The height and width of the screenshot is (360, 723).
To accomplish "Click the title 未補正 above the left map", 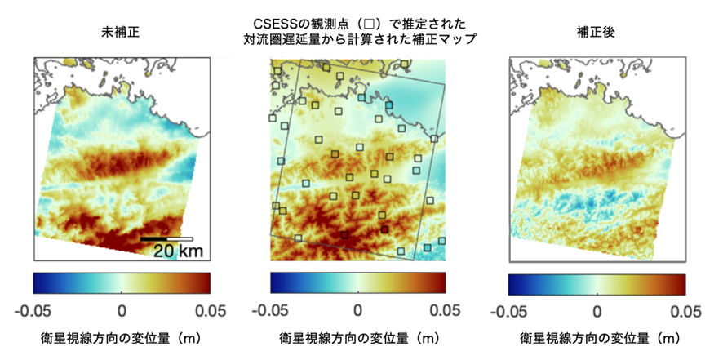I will click(120, 33).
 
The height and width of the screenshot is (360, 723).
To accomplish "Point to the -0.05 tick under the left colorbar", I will click(33, 309).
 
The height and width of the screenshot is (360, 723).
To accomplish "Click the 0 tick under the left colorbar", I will click(122, 309).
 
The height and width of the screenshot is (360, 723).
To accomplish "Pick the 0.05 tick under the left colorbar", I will click(211, 309).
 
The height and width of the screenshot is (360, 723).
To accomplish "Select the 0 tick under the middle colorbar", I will click(358, 309).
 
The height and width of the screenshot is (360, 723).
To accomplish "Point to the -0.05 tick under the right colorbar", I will click(508, 310).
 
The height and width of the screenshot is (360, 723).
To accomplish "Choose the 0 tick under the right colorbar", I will click(597, 310).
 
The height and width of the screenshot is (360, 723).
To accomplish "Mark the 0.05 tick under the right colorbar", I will click(685, 310).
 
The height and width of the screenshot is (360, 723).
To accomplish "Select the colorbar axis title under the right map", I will click(598, 337).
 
